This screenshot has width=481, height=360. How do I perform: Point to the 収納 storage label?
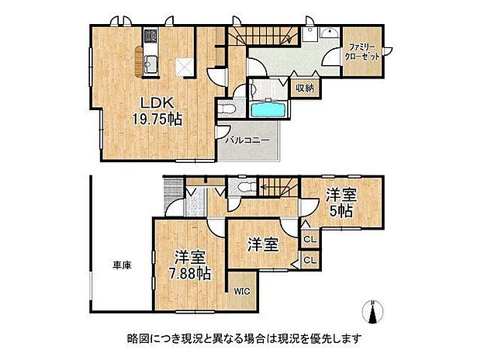(x=305, y=88)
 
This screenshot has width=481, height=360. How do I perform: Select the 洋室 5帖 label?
(x=341, y=202)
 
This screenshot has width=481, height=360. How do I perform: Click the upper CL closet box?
(x=308, y=240)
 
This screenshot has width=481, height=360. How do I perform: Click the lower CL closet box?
(x=308, y=261)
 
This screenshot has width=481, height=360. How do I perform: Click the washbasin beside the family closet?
(x=326, y=34)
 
